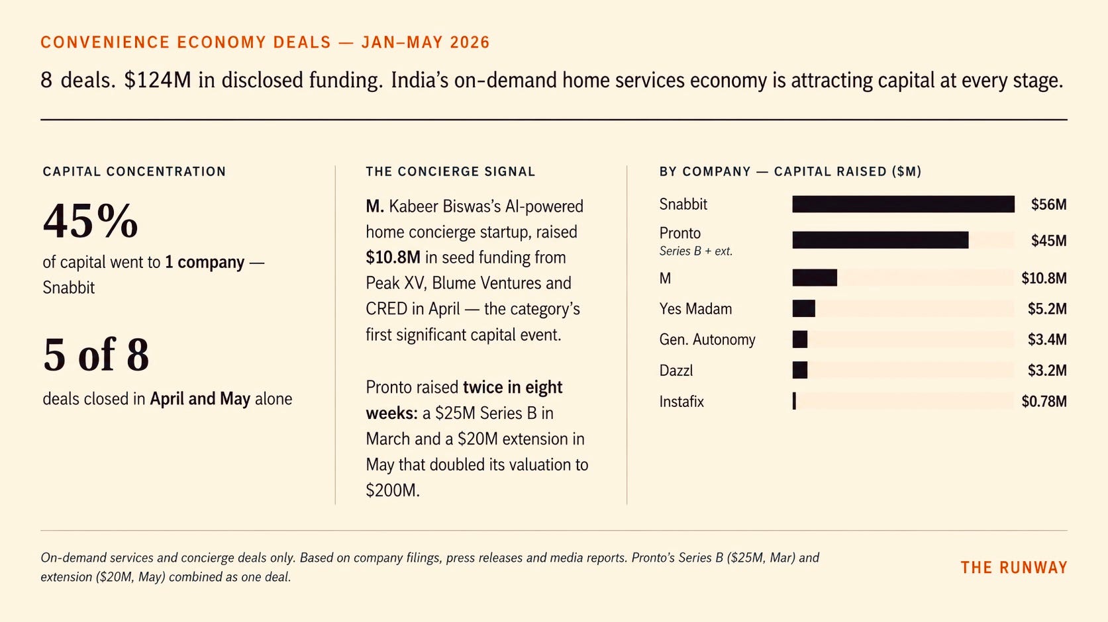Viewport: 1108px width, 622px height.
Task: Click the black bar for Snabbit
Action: (x=903, y=204)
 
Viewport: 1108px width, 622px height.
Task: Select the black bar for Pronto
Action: (x=880, y=240)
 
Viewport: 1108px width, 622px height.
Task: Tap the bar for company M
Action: (x=815, y=278)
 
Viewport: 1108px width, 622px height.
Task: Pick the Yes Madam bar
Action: (x=804, y=309)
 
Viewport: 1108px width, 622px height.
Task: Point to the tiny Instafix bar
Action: (x=794, y=401)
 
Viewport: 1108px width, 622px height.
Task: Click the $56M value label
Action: (x=1048, y=204)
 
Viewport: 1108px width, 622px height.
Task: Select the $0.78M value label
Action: (x=1044, y=401)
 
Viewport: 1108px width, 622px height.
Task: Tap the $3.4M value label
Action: (x=1047, y=339)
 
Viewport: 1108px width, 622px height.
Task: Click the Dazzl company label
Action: (x=676, y=371)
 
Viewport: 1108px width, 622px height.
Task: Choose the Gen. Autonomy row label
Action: (x=707, y=340)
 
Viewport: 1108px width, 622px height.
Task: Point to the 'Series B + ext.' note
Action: (x=696, y=251)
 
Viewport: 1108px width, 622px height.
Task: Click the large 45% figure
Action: (x=91, y=221)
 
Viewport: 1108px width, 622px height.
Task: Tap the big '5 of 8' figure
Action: (x=96, y=354)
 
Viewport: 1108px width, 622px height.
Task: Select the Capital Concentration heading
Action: (x=134, y=171)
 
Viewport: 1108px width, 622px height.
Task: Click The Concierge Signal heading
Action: (x=450, y=171)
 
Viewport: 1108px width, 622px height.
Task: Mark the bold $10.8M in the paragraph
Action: (x=393, y=257)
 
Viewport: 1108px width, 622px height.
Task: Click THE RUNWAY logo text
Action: (x=1014, y=568)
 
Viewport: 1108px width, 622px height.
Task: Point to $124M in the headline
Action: (x=158, y=80)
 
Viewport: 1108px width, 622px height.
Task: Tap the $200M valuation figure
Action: (x=393, y=490)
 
